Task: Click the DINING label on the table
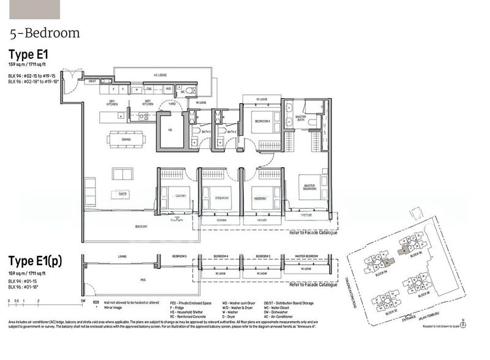coord(127,139)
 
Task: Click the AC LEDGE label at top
coord(160,75)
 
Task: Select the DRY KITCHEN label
coord(112,102)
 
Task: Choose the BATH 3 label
coord(205,131)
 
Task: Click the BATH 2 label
coord(232,131)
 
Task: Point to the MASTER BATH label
coord(301,118)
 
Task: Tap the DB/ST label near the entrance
coord(92,81)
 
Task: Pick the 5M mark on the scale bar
coord(82,301)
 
